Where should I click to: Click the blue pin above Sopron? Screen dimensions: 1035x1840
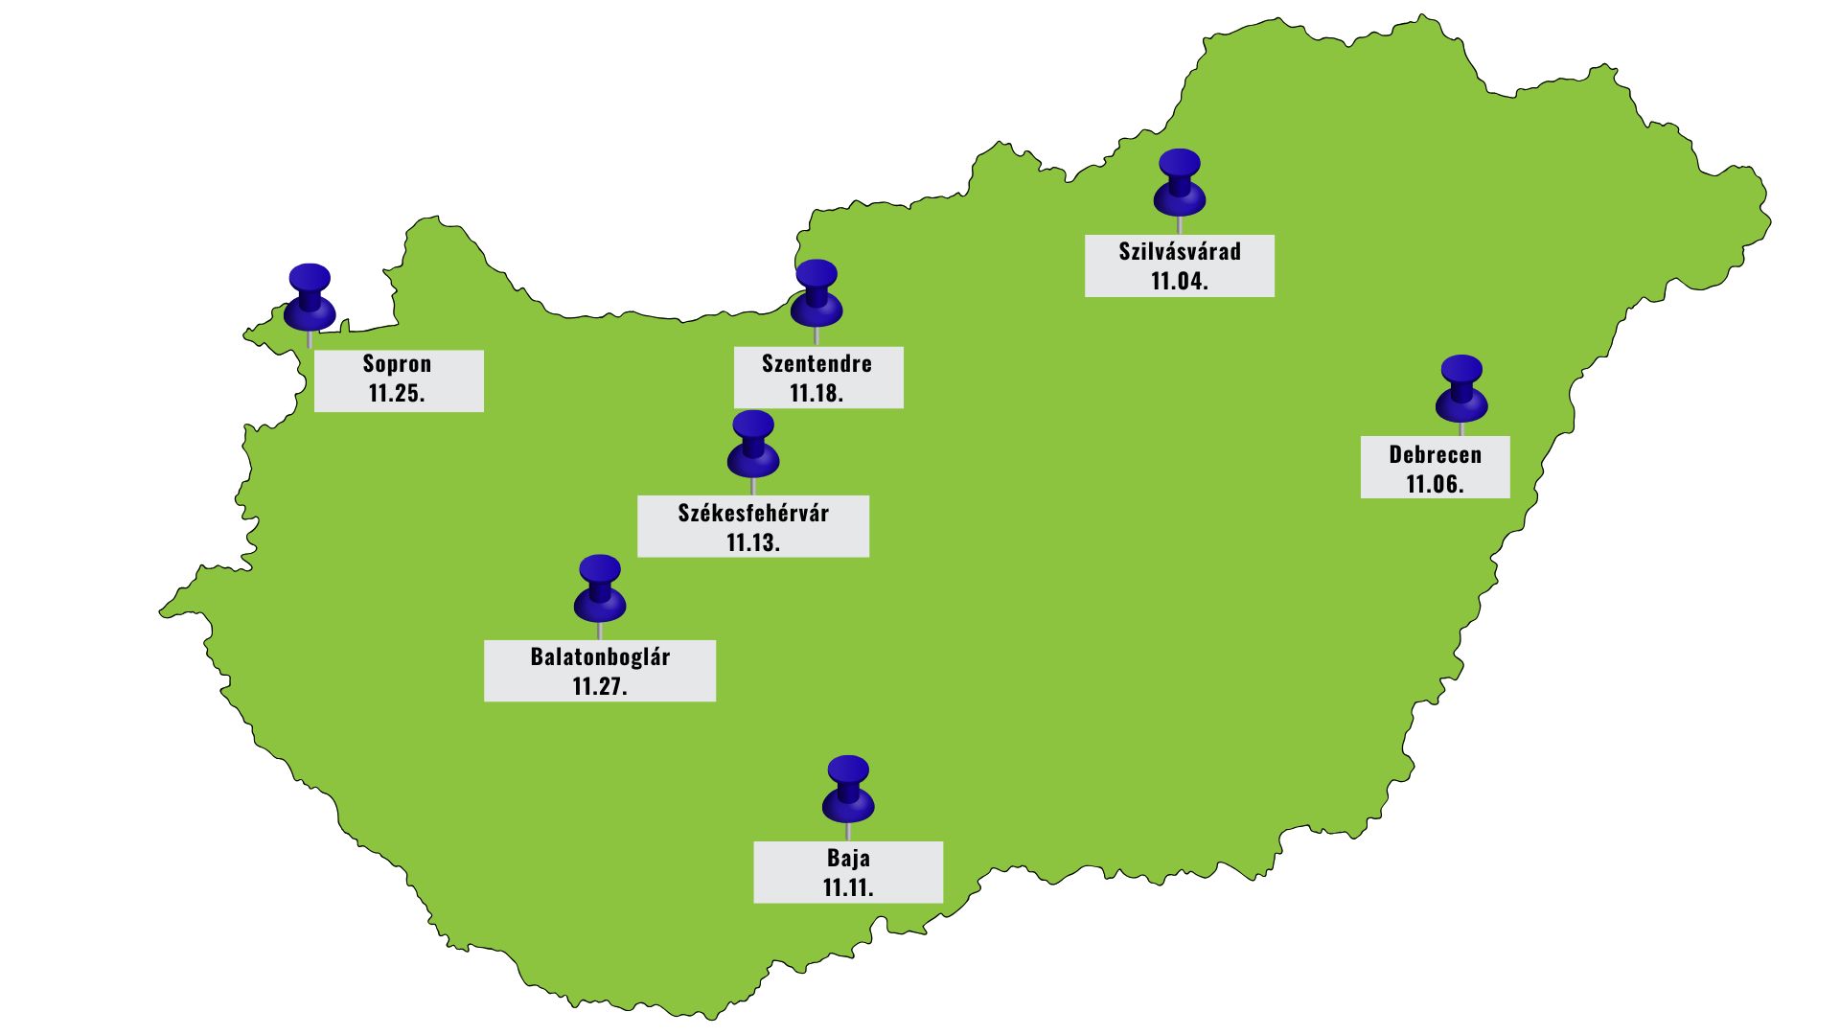coord(310,297)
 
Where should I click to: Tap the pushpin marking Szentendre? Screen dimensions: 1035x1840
coord(816,293)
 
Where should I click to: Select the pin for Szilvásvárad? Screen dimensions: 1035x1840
coord(1179,182)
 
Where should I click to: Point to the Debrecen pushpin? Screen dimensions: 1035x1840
coord(1461,389)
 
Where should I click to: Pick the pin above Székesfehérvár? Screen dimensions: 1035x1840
coord(753,445)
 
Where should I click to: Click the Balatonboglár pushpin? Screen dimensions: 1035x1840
coord(600,588)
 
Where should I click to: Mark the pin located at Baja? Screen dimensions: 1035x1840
coord(848,790)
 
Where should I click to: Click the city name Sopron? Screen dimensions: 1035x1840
coord(397,364)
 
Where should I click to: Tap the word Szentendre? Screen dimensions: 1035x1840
coord(816,364)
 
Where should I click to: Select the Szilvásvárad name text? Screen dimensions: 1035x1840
coord(1180,252)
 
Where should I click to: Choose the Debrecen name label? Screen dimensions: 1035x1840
coord(1435,455)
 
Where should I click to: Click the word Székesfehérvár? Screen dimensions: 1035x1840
coord(753,513)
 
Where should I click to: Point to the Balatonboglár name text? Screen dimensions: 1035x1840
coord(600,657)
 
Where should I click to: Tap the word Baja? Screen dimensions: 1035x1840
coord(848,859)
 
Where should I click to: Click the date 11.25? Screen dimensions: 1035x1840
coord(397,394)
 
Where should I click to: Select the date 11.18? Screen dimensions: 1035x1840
coord(816,394)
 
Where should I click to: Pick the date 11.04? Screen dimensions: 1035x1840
coord(1180,282)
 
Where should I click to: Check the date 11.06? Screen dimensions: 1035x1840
coord(1435,485)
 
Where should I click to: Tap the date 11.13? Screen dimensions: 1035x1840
coord(753,543)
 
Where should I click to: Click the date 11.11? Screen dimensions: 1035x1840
coord(848,888)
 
